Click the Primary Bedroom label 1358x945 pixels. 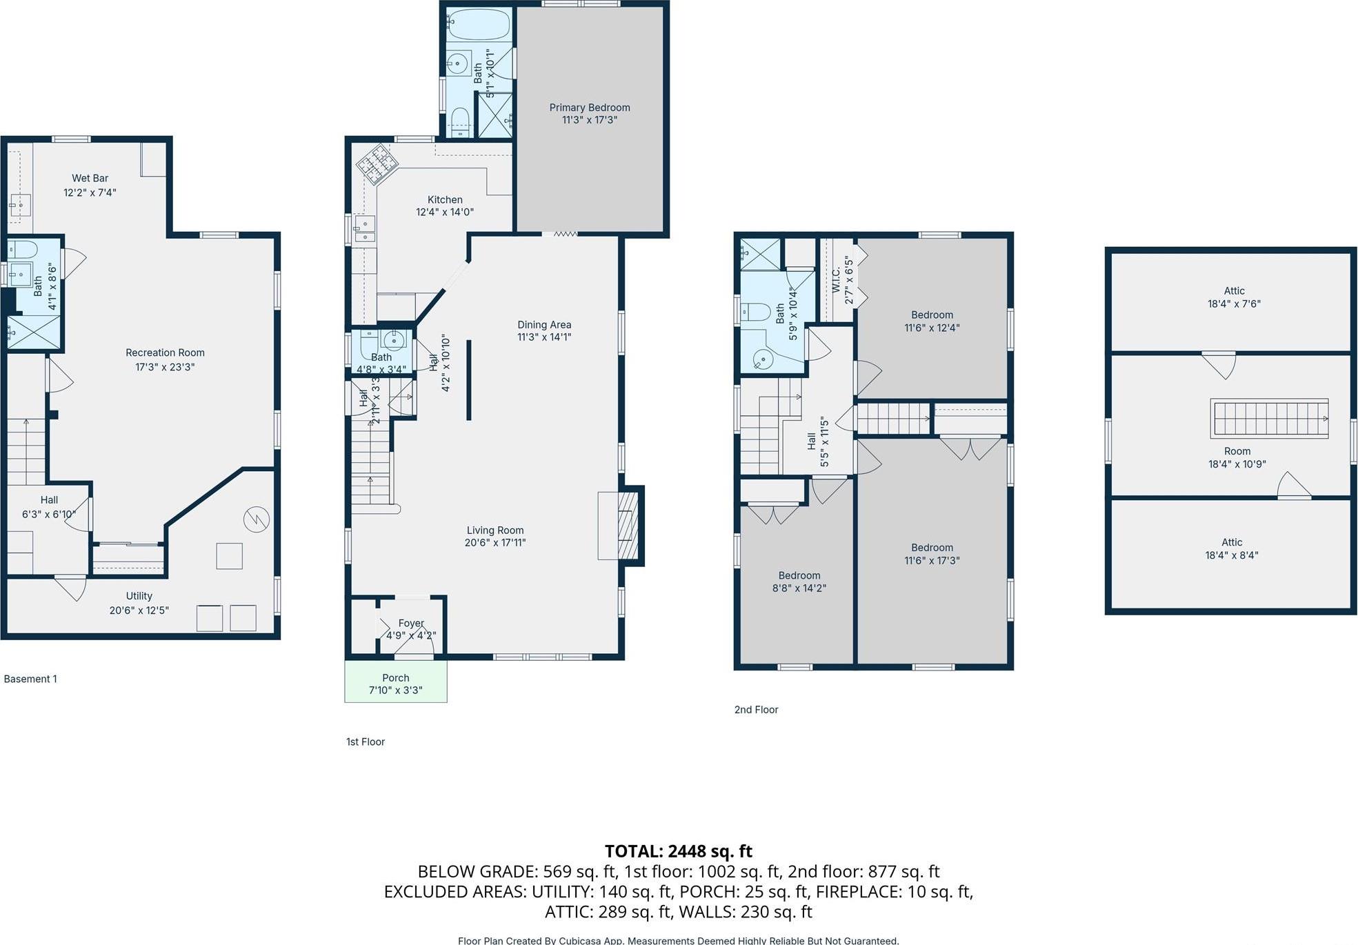point(589,108)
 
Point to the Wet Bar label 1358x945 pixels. point(90,178)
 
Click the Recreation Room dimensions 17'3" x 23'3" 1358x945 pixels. point(165,367)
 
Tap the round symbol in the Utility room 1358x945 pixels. point(257,519)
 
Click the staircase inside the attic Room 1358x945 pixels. point(1269,418)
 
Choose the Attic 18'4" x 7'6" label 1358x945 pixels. point(1234,297)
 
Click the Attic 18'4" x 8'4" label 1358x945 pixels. point(1231,548)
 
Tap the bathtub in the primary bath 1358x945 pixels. point(478,26)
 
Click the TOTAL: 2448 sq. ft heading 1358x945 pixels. point(678,850)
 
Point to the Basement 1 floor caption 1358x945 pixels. point(30,679)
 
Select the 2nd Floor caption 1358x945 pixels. point(756,709)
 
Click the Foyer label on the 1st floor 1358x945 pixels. point(411,623)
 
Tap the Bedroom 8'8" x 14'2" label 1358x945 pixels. point(799,581)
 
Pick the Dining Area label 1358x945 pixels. point(544,325)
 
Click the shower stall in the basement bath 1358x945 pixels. point(33,332)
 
